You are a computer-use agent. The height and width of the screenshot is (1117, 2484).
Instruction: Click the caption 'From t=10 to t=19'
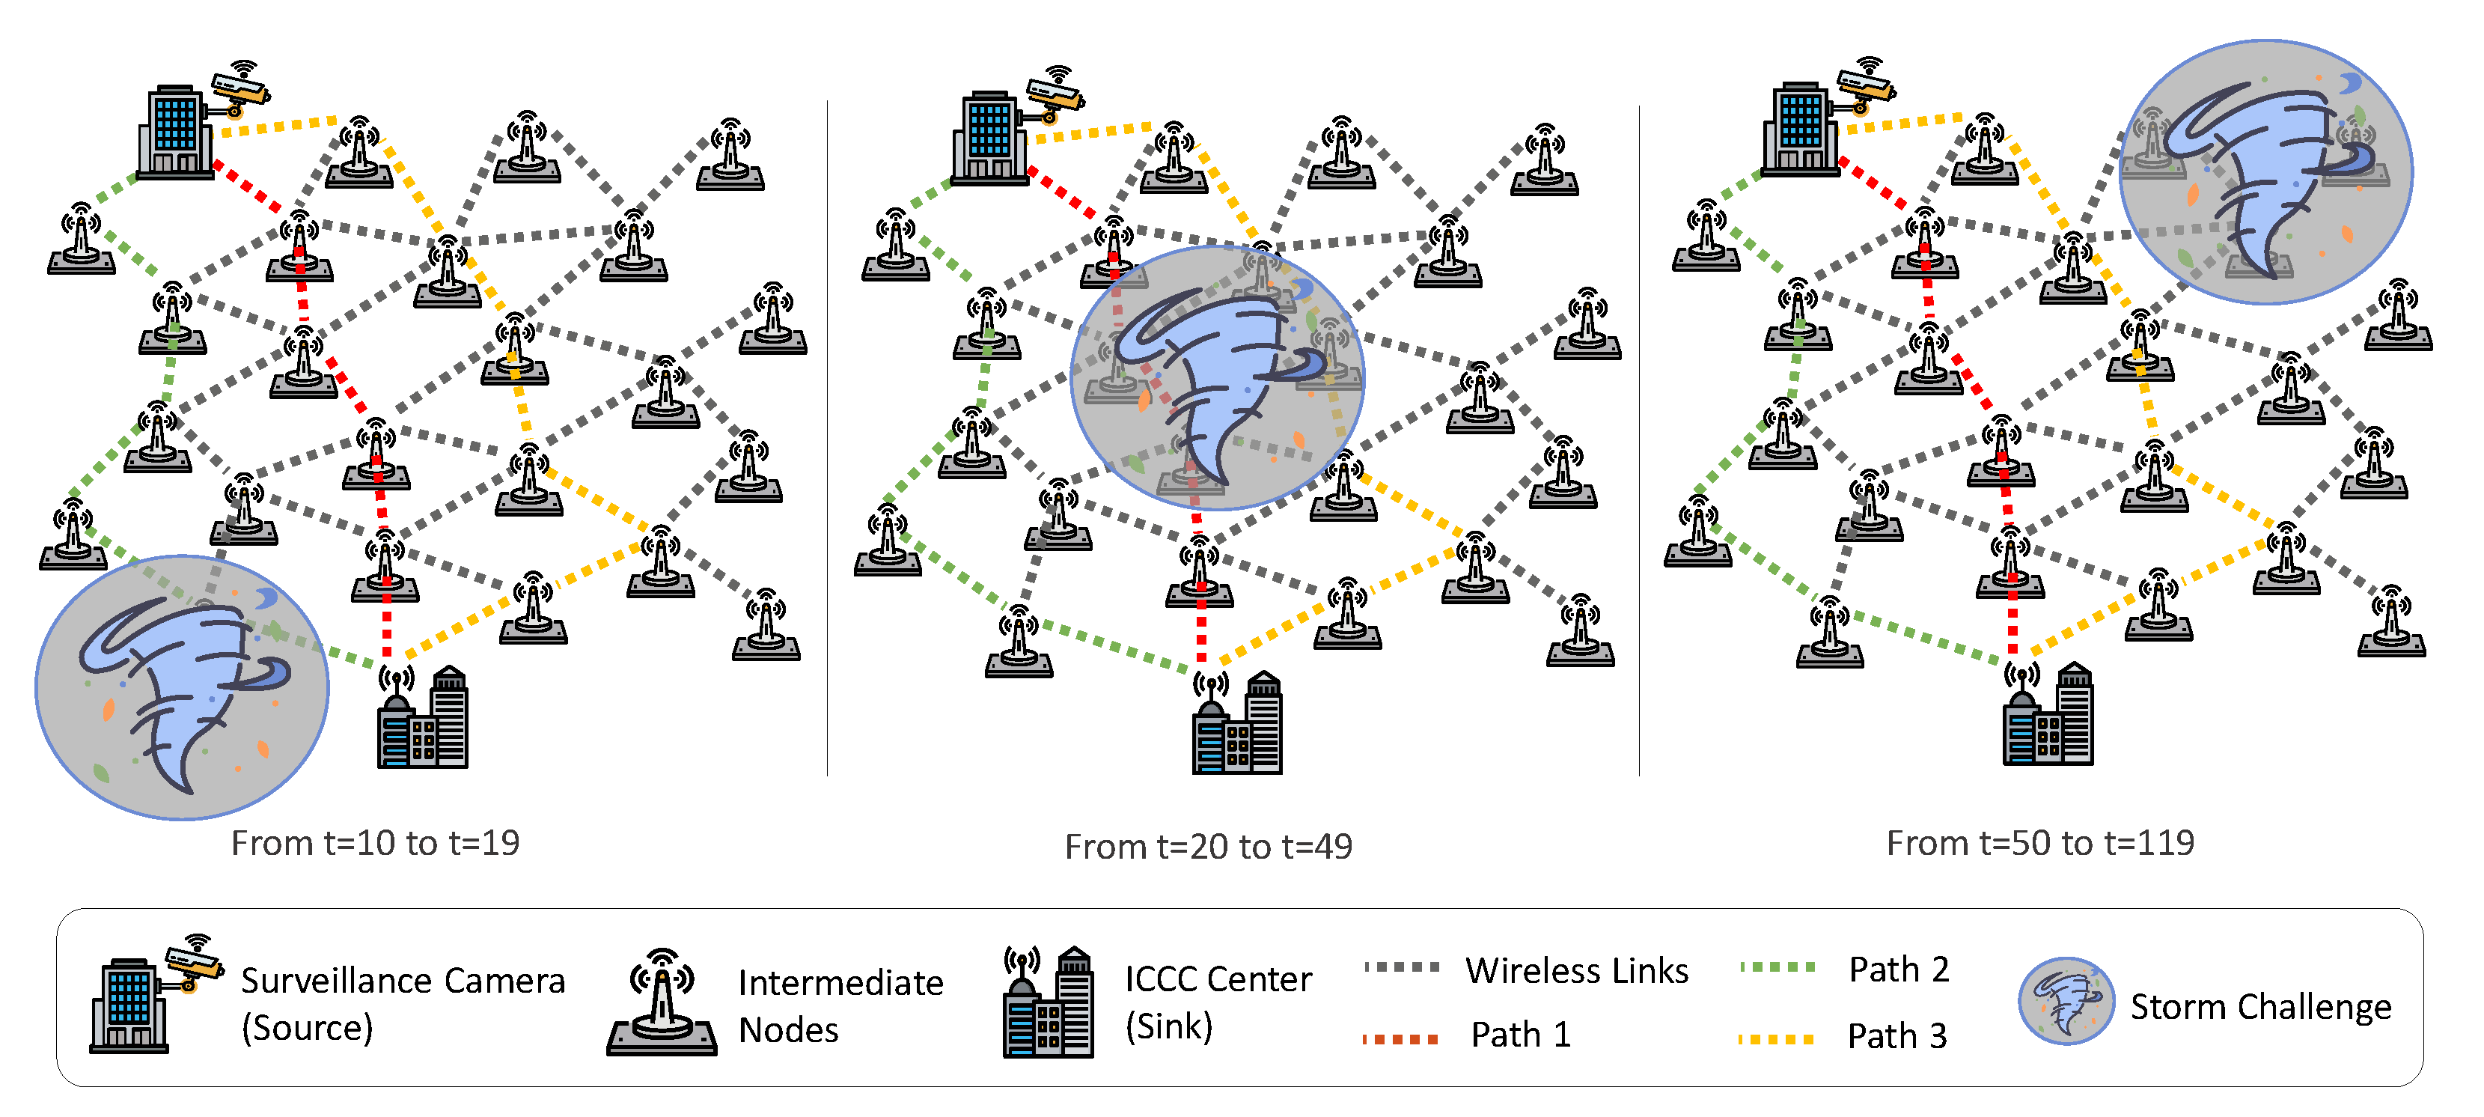point(375,843)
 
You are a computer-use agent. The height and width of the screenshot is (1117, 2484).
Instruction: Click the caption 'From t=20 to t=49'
point(1207,847)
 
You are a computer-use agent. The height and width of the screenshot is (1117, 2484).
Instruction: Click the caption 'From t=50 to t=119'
point(2039,843)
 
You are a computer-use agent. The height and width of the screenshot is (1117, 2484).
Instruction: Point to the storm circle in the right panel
point(2265,171)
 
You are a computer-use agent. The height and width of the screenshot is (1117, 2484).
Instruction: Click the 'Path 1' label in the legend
point(1520,1035)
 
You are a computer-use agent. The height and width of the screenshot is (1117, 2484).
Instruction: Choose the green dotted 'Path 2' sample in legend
point(1777,967)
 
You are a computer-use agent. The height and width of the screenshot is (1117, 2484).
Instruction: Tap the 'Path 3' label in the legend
point(1896,1036)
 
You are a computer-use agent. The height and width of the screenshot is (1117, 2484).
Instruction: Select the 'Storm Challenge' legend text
point(2259,1006)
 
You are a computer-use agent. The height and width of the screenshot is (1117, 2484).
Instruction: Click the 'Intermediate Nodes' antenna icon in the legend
point(662,1004)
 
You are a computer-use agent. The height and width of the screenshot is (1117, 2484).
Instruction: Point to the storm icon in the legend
point(2066,1001)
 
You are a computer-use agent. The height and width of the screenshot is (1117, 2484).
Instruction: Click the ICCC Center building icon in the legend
point(1049,1003)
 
